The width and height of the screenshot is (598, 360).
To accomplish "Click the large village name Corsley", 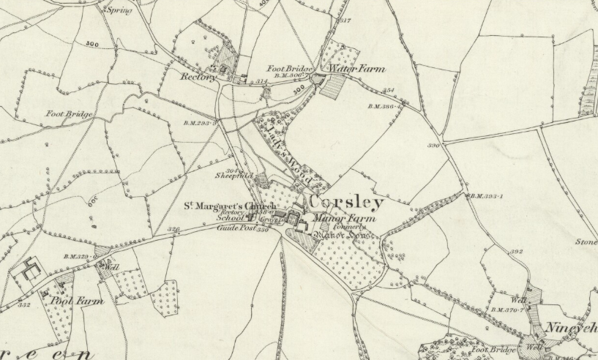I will click(x=347, y=202).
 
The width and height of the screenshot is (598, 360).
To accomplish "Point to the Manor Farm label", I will click(x=343, y=218).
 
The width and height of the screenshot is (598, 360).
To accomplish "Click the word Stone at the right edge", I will click(x=586, y=241).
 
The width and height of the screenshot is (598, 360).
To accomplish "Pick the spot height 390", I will click(x=433, y=146).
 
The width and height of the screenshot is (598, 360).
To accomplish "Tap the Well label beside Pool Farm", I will click(x=111, y=268).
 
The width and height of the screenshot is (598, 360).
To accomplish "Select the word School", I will click(x=230, y=218).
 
